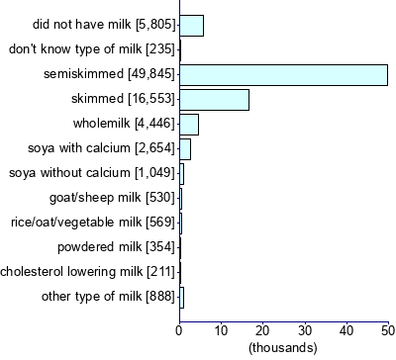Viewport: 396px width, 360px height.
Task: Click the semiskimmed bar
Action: tap(283, 75)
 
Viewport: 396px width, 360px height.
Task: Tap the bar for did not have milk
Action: tap(191, 26)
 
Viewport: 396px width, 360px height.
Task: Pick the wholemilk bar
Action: tap(189, 124)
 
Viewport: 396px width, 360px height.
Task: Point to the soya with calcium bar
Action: tap(185, 148)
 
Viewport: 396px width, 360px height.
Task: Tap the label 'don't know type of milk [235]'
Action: tap(91, 49)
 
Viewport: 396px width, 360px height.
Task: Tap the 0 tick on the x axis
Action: tap(179, 329)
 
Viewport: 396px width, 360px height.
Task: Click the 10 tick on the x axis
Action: tap(221, 329)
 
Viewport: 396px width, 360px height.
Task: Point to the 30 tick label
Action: tap(304, 329)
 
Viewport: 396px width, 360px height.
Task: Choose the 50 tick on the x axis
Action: tap(387, 329)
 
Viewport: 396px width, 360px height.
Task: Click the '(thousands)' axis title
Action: tap(283, 348)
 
